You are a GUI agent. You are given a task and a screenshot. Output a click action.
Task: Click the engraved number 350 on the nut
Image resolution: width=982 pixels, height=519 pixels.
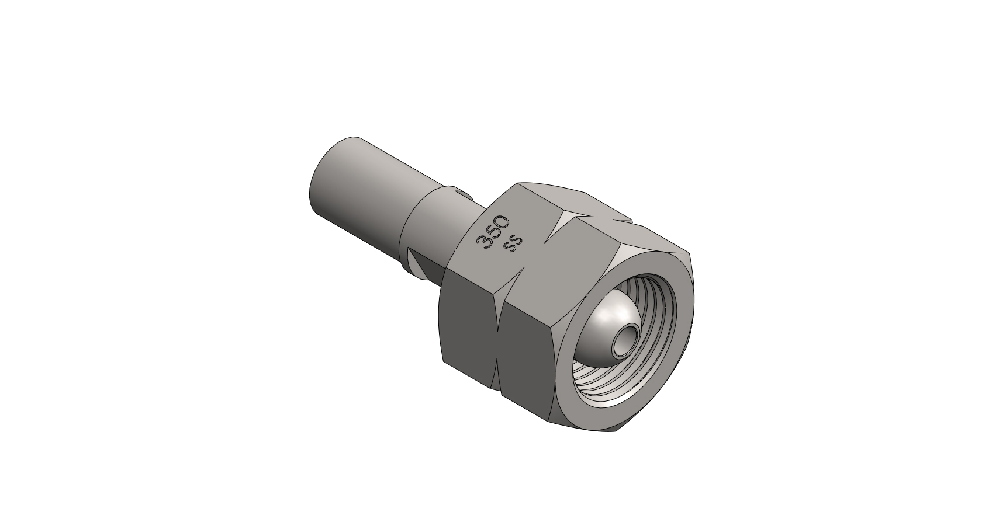(493, 232)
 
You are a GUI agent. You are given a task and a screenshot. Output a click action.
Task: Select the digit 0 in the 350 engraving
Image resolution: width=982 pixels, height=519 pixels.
(503, 222)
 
